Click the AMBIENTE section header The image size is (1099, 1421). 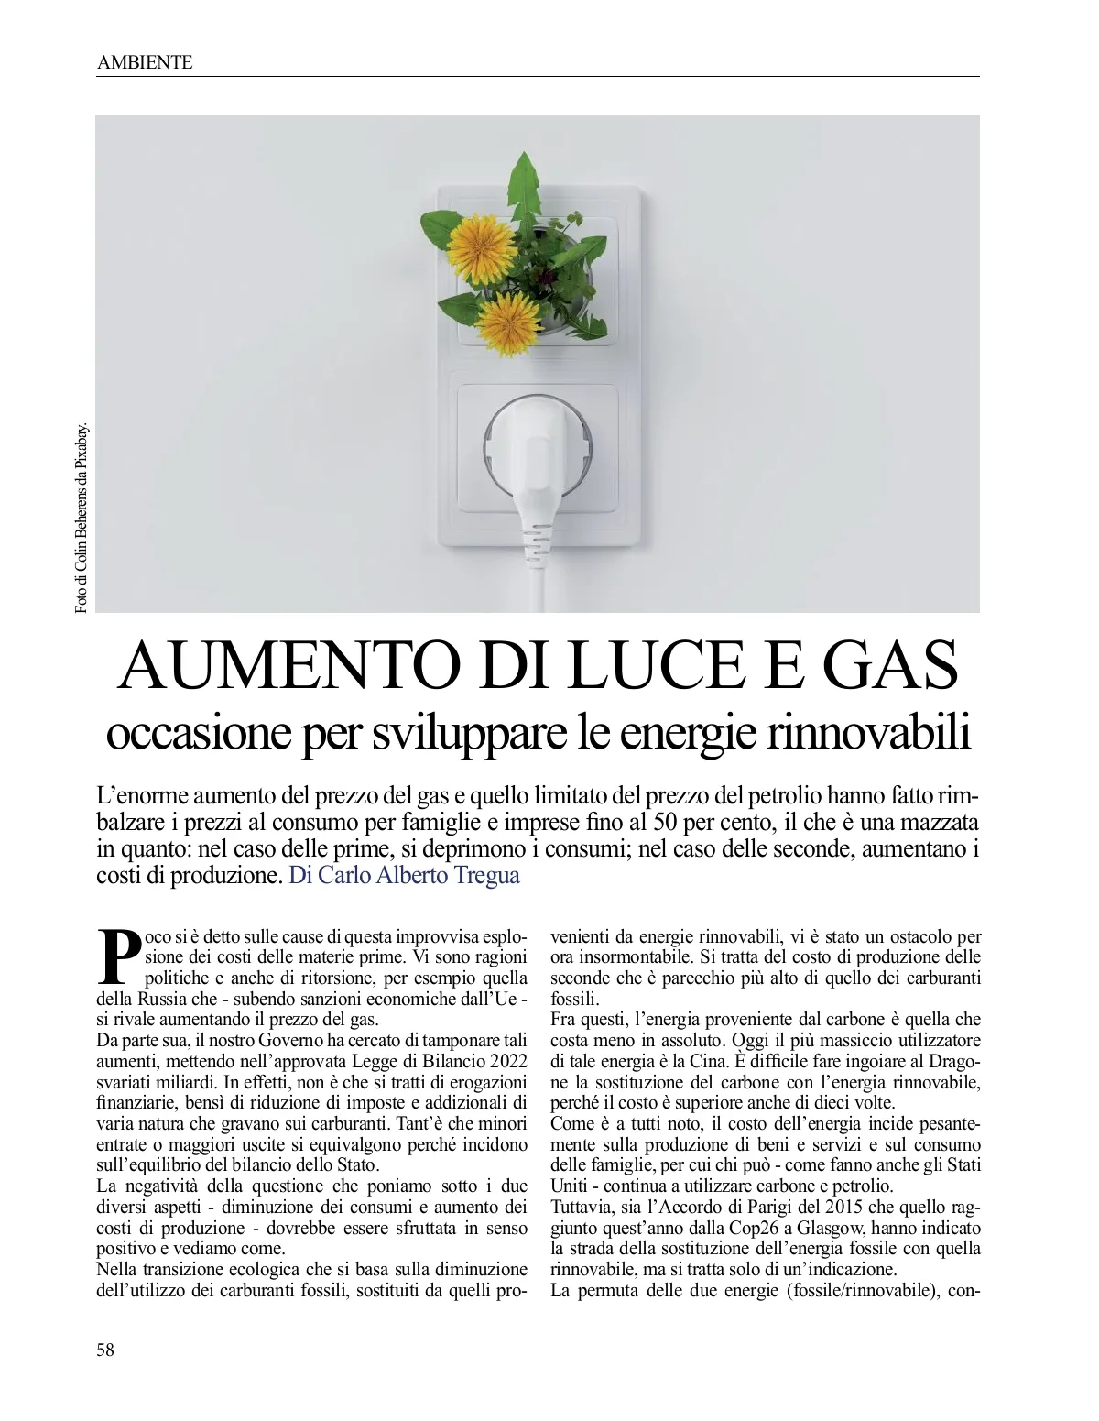144,62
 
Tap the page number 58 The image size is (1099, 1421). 105,1349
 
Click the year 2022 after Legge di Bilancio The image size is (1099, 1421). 503,1061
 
